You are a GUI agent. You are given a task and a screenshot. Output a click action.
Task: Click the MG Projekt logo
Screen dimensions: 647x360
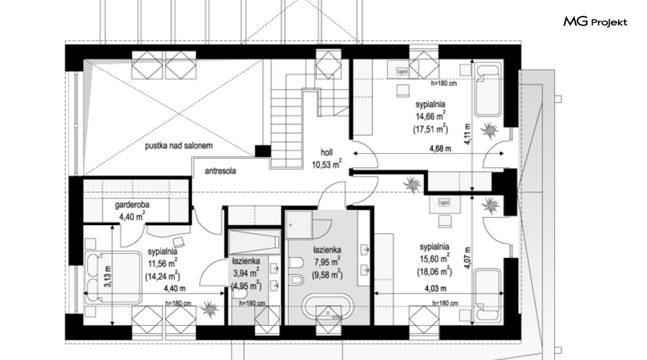coord(595,22)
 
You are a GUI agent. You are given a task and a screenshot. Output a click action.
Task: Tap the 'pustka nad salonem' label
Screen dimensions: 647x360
coord(179,146)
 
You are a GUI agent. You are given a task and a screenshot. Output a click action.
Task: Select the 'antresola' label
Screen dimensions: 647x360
coord(220,171)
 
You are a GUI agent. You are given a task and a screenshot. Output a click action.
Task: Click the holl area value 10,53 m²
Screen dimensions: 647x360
coord(327,165)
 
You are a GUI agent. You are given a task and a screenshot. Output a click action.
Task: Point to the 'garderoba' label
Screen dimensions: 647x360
coord(132,204)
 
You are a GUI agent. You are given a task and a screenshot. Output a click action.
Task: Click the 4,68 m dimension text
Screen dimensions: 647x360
coord(440,148)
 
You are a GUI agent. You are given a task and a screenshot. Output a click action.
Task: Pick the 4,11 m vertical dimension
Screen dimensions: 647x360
coord(467,134)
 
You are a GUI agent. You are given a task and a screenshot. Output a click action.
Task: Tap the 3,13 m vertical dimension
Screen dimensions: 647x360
coord(107,276)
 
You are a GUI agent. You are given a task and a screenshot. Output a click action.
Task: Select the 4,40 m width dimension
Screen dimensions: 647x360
coord(175,288)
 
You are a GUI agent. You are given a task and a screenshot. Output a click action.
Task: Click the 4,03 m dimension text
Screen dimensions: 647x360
coord(435,289)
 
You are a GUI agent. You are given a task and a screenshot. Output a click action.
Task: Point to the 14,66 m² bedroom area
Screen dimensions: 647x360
coord(430,116)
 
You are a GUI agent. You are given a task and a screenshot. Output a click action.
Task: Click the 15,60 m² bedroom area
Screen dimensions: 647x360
coord(435,259)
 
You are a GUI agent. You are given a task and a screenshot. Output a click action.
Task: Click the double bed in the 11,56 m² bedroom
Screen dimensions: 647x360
coord(113,277)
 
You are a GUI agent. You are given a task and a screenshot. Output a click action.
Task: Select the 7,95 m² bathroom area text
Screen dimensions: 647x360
coord(327,261)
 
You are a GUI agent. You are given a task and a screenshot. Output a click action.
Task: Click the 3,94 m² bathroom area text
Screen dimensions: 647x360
coord(246,272)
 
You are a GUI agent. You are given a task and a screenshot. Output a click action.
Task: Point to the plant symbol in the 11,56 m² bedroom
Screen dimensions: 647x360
coord(209,308)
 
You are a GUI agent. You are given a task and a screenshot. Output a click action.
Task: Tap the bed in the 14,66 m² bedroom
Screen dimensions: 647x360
coord(488,90)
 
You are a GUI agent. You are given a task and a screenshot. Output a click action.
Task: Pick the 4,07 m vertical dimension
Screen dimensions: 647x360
coord(467,257)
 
